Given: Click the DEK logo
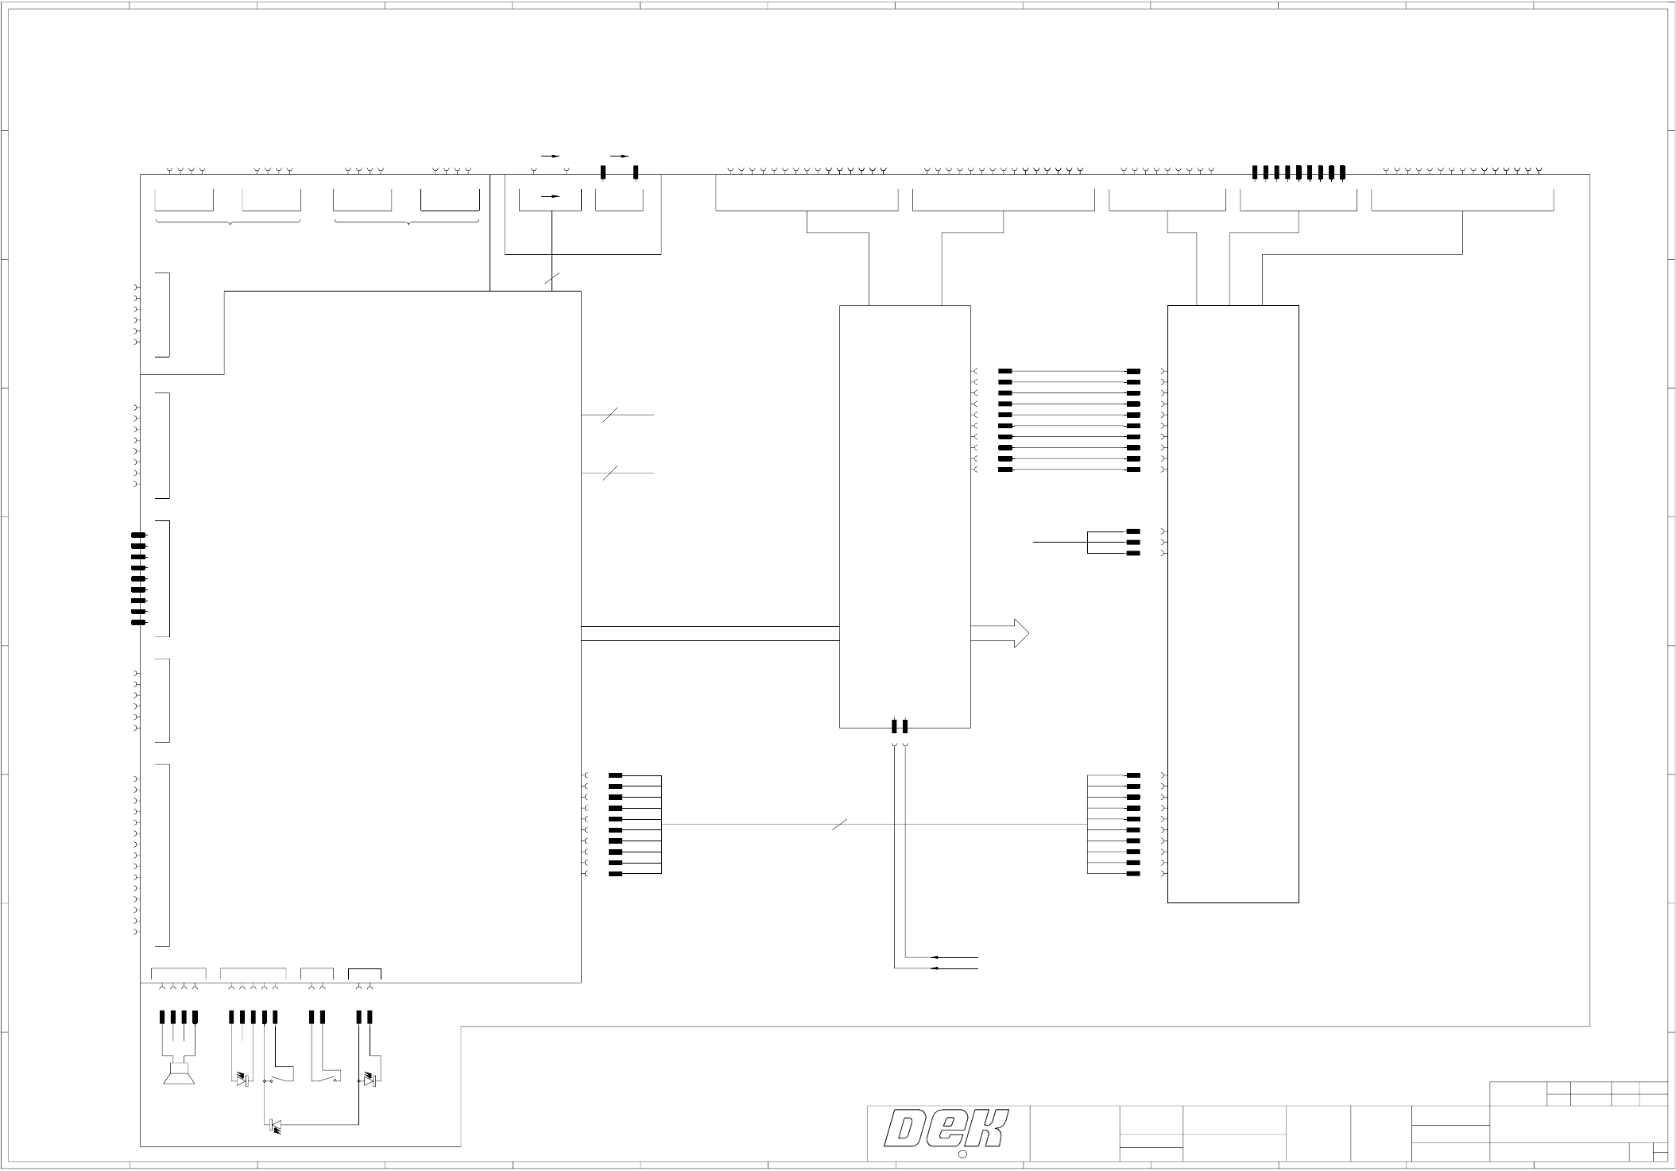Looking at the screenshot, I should [x=947, y=1129].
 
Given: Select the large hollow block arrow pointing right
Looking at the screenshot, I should [x=1000, y=633].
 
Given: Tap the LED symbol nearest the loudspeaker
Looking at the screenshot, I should [x=244, y=1080].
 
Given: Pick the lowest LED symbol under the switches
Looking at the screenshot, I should [x=275, y=1124].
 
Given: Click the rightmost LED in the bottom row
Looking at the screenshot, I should [x=370, y=1080].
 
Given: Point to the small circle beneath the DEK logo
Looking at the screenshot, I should [x=962, y=1154].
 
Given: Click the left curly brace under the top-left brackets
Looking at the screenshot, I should [x=229, y=222].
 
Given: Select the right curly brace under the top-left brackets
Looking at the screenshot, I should [x=408, y=222].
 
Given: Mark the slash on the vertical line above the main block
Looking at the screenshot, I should [x=552, y=278].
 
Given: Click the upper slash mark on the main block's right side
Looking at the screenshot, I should [x=610, y=415].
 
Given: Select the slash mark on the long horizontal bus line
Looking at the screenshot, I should [x=839, y=825].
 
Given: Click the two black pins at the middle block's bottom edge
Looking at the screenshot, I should [x=900, y=725].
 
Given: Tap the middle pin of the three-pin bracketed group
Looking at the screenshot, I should [x=1133, y=542].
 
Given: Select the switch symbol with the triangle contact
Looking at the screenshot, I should [x=326, y=1076].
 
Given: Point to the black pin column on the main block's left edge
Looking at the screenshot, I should [x=138, y=578].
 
